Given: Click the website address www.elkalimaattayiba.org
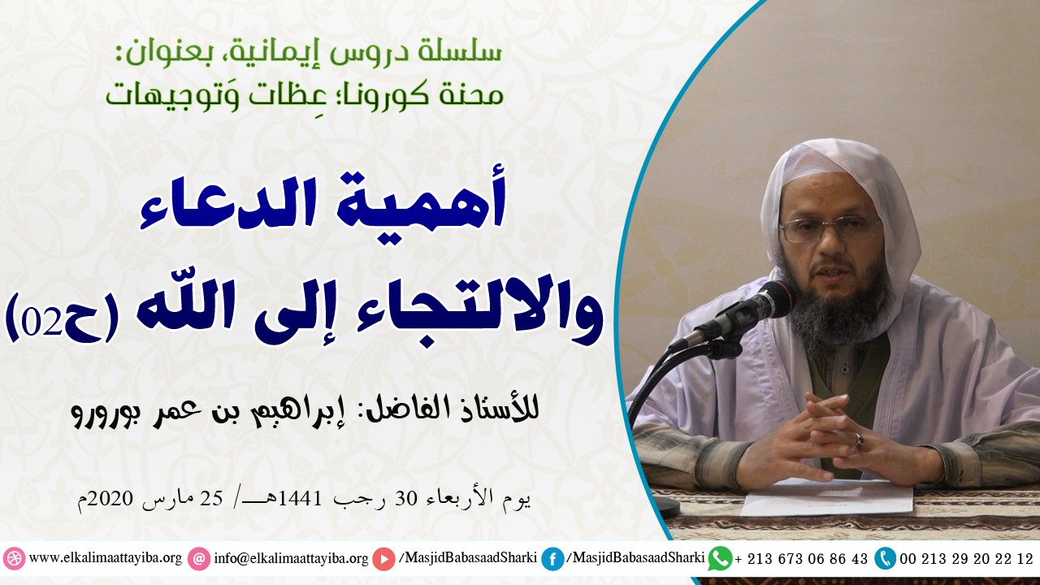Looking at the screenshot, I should click(106, 559).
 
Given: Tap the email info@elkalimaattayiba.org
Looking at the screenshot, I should click(291, 559).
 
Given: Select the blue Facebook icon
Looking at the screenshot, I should click(552, 559).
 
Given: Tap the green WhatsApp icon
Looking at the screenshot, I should click(719, 558).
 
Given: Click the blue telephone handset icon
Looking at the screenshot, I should click(885, 558).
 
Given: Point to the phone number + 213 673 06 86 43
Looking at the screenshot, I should click(800, 559).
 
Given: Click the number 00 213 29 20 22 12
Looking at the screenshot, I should click(966, 559).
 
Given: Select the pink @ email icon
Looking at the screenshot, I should click(197, 559).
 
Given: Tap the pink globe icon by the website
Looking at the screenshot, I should click(14, 559).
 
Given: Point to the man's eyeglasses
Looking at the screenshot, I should click(828, 229).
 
